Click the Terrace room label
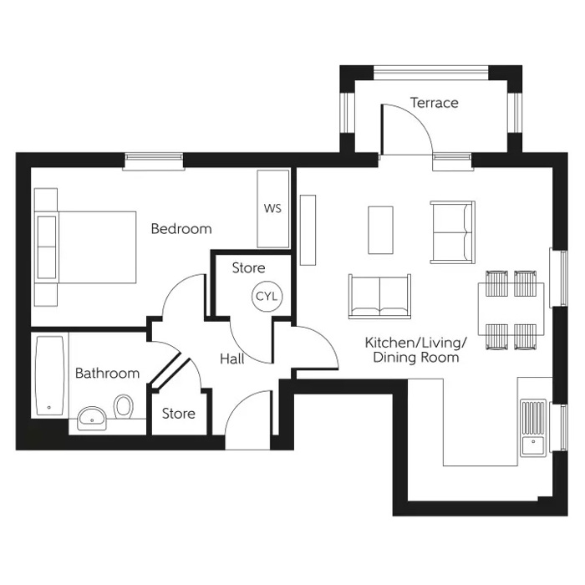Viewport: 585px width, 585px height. (x=434, y=103)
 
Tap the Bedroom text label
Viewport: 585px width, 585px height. (x=181, y=228)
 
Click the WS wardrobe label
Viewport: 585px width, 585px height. (x=272, y=208)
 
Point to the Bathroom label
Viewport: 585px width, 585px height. (x=107, y=373)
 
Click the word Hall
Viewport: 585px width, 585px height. (x=232, y=359)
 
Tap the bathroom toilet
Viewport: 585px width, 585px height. (x=125, y=408)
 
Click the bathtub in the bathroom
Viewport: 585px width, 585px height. (x=49, y=376)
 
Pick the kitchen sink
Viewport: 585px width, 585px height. (x=532, y=426)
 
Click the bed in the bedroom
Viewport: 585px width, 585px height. (x=85, y=247)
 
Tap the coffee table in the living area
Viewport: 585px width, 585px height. (x=380, y=229)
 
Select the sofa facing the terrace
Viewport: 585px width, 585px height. (x=380, y=295)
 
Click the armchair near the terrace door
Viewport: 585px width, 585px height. (x=452, y=230)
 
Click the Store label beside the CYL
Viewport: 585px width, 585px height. (x=248, y=268)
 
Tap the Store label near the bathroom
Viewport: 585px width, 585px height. (x=178, y=414)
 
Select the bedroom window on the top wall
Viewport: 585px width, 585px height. (x=153, y=160)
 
